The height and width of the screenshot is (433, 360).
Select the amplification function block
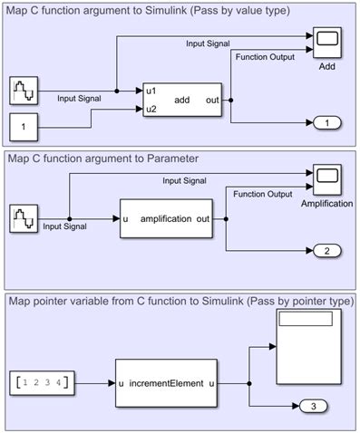[172, 218]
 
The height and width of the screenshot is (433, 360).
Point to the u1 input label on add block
[153, 91]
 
